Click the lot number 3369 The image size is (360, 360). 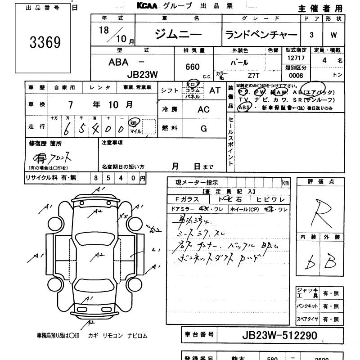(x=45, y=43)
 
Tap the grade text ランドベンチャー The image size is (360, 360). (x=261, y=35)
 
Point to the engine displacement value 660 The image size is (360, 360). (x=193, y=67)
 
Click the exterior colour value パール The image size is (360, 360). (x=239, y=63)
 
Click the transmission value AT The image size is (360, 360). (x=215, y=90)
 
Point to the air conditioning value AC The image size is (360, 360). (x=203, y=110)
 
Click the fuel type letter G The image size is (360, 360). (x=203, y=129)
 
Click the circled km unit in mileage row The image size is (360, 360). (x=134, y=123)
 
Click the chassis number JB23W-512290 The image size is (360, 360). (x=279, y=335)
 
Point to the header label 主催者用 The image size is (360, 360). (x=319, y=9)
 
